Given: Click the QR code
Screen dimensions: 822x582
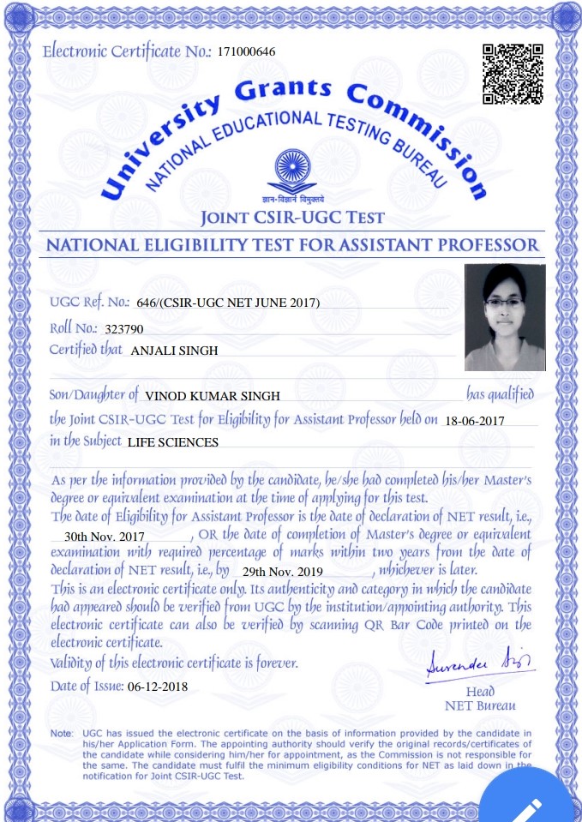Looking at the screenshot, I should point(513,73).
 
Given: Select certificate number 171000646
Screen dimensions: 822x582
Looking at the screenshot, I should point(247,52).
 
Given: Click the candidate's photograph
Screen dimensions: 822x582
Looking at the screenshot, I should point(505,317).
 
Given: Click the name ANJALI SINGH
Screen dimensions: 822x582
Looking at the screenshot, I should point(175,351).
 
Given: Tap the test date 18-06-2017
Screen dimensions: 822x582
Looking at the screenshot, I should point(475,421).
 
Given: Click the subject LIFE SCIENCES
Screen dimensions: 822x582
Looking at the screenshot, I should point(173,443).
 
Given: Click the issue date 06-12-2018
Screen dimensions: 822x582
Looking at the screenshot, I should point(157,687).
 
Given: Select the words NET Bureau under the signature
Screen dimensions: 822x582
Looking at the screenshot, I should point(481,706).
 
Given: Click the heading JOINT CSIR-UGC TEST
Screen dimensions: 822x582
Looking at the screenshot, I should point(291,217).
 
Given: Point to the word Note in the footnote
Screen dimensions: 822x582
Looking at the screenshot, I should point(61,735).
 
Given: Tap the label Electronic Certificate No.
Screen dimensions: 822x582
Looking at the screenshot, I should point(126,51).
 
